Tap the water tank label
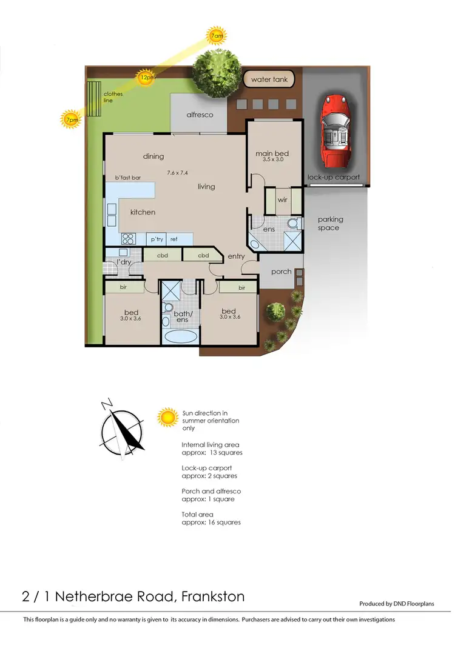click(269, 79)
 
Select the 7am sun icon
click(216, 36)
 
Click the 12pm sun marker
click(146, 78)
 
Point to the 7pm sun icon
click(71, 119)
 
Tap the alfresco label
click(200, 114)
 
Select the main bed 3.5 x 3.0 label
click(272, 156)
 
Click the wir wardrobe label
click(282, 199)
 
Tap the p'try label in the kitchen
click(157, 239)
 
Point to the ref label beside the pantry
click(174, 239)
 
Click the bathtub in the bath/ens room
click(180, 338)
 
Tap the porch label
click(281, 272)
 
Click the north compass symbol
click(123, 427)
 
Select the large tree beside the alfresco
click(216, 74)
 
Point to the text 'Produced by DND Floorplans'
click(397, 604)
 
